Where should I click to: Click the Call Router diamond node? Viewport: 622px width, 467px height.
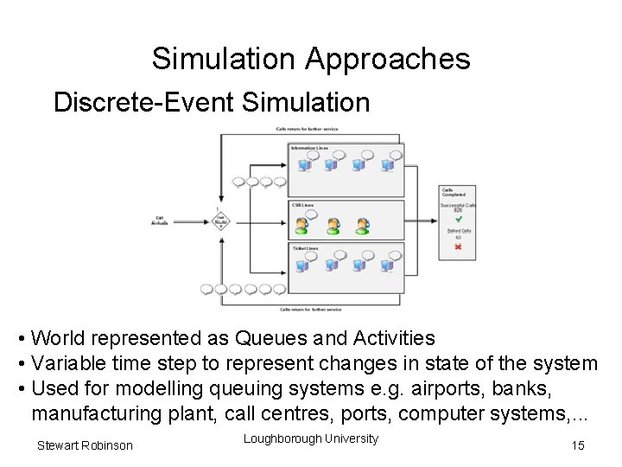(220, 221)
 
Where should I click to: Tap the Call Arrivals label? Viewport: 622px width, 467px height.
(160, 221)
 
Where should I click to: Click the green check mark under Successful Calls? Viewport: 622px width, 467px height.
(459, 219)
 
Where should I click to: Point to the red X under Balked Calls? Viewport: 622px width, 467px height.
(459, 246)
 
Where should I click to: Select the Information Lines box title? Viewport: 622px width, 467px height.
(309, 148)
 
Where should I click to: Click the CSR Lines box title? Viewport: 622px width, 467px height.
(302, 205)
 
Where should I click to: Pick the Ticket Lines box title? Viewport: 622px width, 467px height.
(306, 249)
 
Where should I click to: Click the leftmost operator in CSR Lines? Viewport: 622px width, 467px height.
(301, 227)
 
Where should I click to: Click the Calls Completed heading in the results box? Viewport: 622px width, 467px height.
(453, 192)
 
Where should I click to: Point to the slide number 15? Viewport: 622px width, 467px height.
(578, 445)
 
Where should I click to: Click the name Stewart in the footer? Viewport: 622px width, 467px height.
(59, 445)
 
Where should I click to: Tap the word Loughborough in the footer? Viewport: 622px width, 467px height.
(282, 438)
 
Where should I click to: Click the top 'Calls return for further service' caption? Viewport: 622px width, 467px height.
(307, 130)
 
